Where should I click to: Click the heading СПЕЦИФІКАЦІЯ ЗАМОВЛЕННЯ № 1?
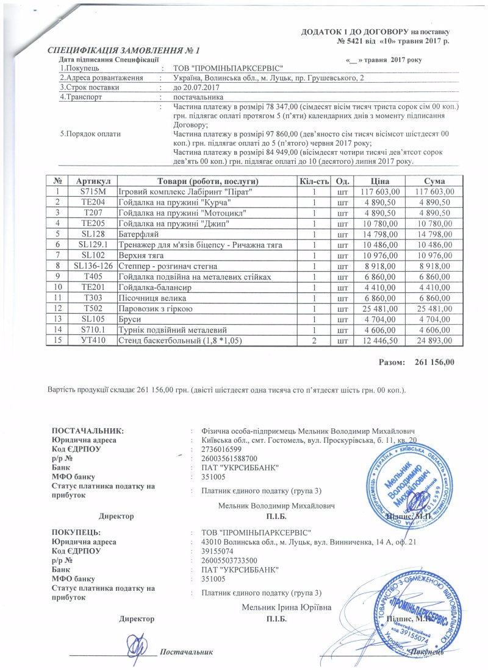[124, 49]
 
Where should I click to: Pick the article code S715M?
[93, 192]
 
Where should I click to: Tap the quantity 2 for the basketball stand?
[314, 340]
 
